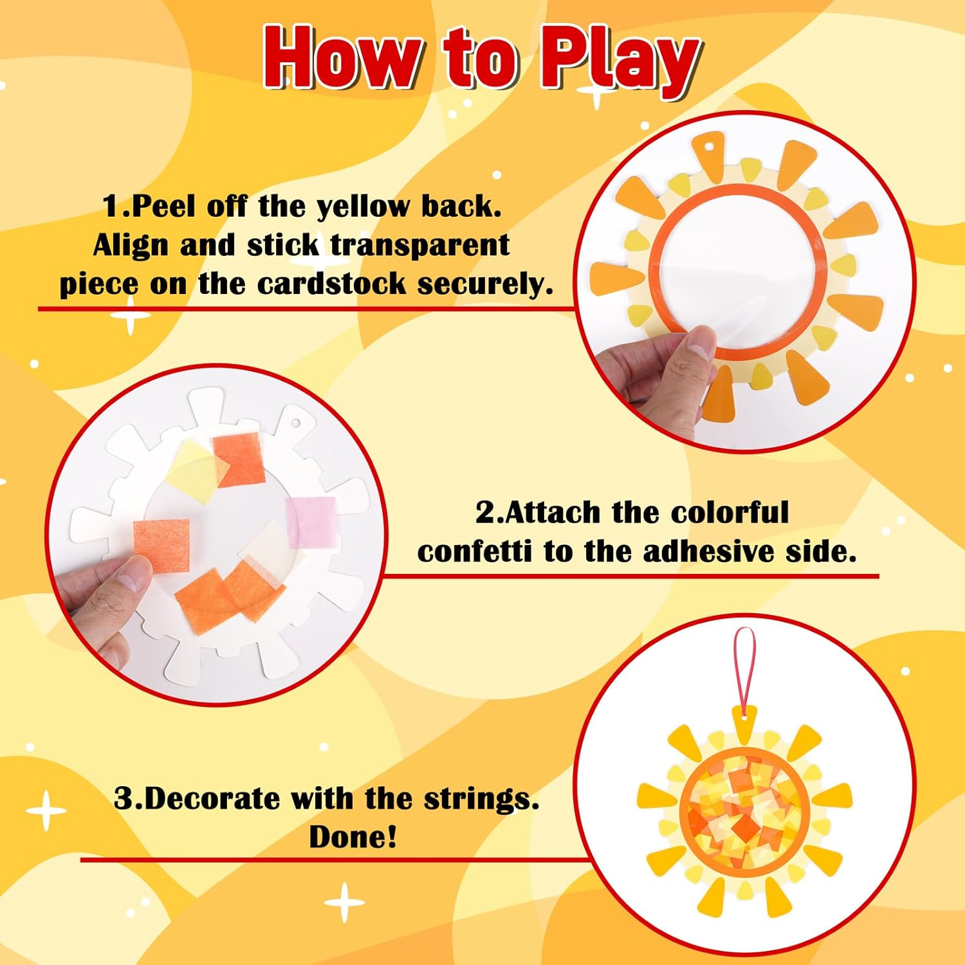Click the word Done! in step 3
353,837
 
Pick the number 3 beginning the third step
124,799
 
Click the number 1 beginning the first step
111,207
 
